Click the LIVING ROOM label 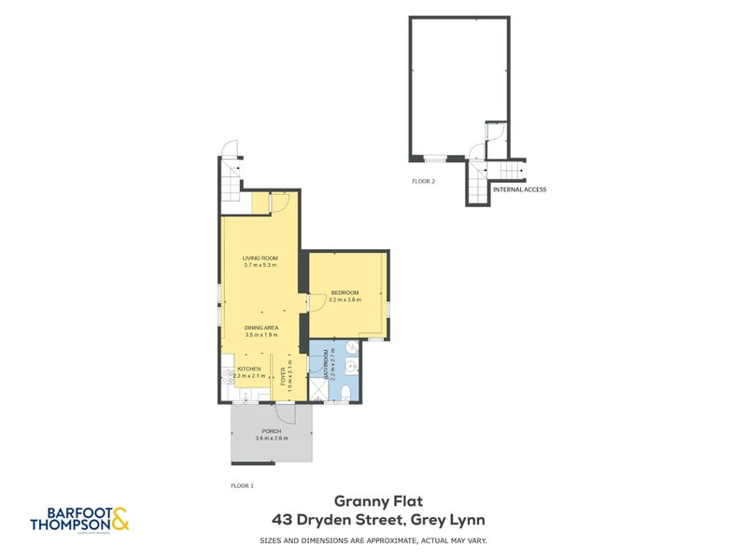(261, 258)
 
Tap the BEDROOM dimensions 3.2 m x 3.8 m (345, 300)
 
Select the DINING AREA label (261, 328)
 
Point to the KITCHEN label (248, 369)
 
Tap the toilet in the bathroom (346, 391)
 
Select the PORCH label (272, 430)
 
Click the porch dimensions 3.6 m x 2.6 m (272, 438)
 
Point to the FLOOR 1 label (242, 485)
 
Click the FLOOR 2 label (423, 181)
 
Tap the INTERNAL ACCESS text (519, 189)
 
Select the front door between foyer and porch (285, 413)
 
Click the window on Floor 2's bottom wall (435, 159)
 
